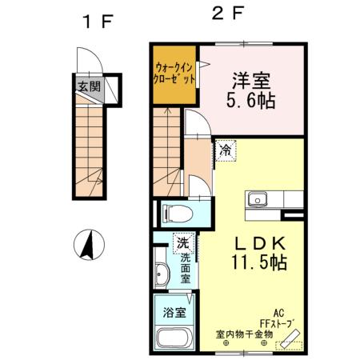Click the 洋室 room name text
point(251,81)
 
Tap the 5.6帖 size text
point(251,102)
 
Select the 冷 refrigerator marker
point(226,149)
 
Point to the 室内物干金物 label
point(244,334)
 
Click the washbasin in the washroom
point(162,272)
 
